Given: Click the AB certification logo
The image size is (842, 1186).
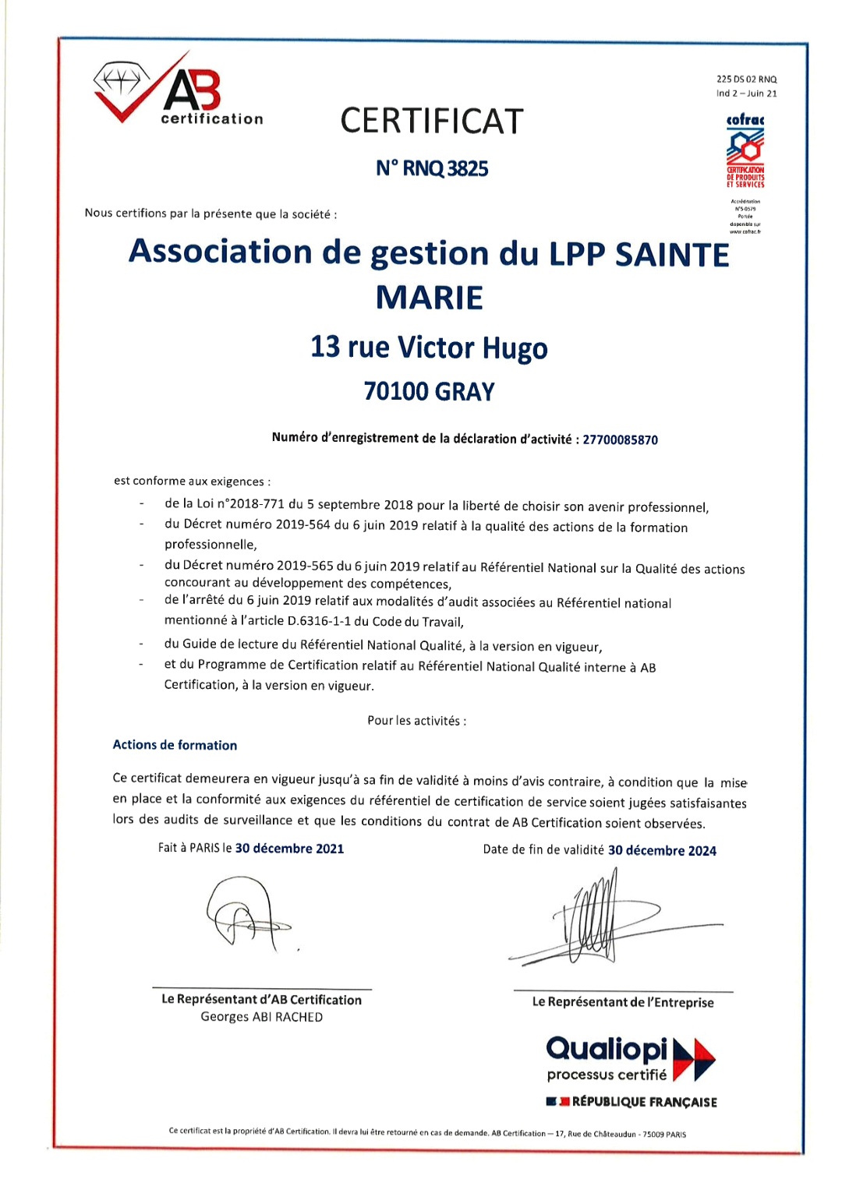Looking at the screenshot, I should coord(179,92).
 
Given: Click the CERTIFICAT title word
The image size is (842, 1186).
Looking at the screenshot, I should coord(431,122).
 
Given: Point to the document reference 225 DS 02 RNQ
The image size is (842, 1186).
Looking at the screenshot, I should coord(746,79).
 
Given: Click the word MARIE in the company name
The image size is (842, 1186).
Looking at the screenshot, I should coord(429,298).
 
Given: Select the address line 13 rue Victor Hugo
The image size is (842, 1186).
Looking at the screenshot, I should coord(429,348).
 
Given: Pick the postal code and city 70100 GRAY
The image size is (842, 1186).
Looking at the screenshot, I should coord(429,391).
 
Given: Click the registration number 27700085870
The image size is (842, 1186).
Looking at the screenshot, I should coord(620,440).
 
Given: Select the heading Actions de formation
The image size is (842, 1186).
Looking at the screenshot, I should coord(175,745).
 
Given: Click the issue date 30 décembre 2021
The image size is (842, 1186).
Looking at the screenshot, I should coord(289,849).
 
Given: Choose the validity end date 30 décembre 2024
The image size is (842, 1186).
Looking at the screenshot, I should coord(662,851).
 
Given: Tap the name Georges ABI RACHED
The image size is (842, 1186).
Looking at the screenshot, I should coord(261,1017).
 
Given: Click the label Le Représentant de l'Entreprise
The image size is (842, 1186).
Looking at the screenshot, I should coord(623,1002).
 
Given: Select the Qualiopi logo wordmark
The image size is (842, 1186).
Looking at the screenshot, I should coord(607,1050).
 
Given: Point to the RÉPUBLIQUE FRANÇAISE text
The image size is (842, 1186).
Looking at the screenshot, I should coord(644,1102).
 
